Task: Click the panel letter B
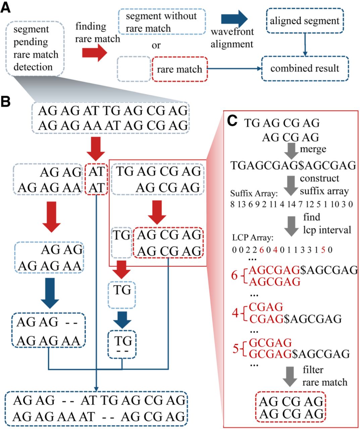tap(6, 101)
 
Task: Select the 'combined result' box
tap(305, 68)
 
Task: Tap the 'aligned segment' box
tap(305, 21)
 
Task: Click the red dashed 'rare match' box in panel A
tap(179, 69)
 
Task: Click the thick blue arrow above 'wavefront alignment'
tap(234, 19)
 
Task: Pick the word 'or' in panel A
tap(156, 45)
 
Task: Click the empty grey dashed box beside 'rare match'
tap(134, 69)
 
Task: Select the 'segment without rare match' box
tap(161, 22)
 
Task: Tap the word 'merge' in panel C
tap(313, 148)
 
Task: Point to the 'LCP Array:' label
tap(253, 238)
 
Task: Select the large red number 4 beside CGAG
tap(235, 313)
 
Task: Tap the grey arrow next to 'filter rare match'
tap(290, 376)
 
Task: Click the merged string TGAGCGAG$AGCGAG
tap(293, 165)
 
